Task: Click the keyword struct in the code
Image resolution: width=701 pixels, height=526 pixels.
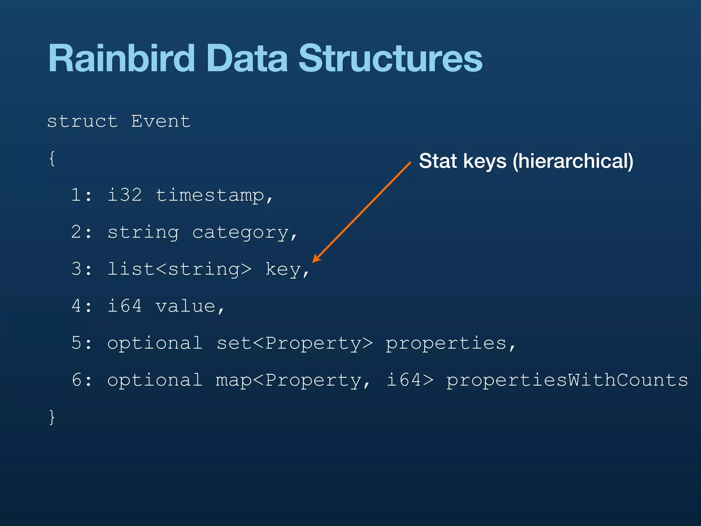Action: pos(82,122)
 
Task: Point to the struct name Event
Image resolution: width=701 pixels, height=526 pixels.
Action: pos(161,122)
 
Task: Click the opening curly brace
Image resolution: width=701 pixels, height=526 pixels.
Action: pos(52,159)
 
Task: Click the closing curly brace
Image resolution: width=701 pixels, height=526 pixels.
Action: pos(52,417)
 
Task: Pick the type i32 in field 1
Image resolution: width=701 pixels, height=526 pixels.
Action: pos(124,195)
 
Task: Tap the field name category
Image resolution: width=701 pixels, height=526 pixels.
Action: pos(241,233)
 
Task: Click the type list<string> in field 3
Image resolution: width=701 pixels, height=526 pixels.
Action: pos(179,270)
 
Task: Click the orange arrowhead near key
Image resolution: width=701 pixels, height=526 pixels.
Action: pos(316,259)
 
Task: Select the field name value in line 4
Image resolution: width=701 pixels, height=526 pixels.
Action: pos(186,306)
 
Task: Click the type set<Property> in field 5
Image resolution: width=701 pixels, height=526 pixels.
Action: pos(295,343)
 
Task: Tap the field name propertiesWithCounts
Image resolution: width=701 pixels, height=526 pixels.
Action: pos(567,380)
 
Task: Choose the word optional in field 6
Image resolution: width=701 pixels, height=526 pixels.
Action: pos(155,380)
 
